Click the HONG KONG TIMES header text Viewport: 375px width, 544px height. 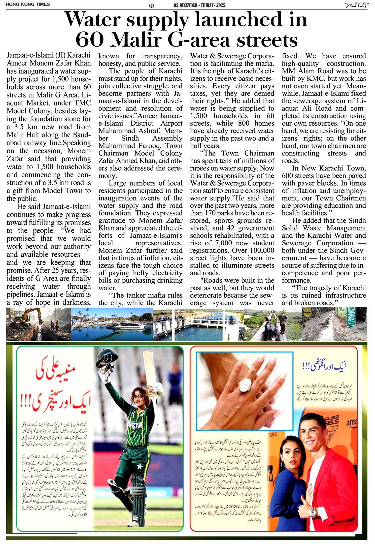tap(28, 5)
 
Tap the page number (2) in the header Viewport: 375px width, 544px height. tap(151, 6)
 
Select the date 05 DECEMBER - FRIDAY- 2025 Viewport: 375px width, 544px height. tap(199, 5)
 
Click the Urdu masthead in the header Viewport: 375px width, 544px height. tap(356, 5)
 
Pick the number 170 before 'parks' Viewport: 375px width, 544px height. tap(210, 213)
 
